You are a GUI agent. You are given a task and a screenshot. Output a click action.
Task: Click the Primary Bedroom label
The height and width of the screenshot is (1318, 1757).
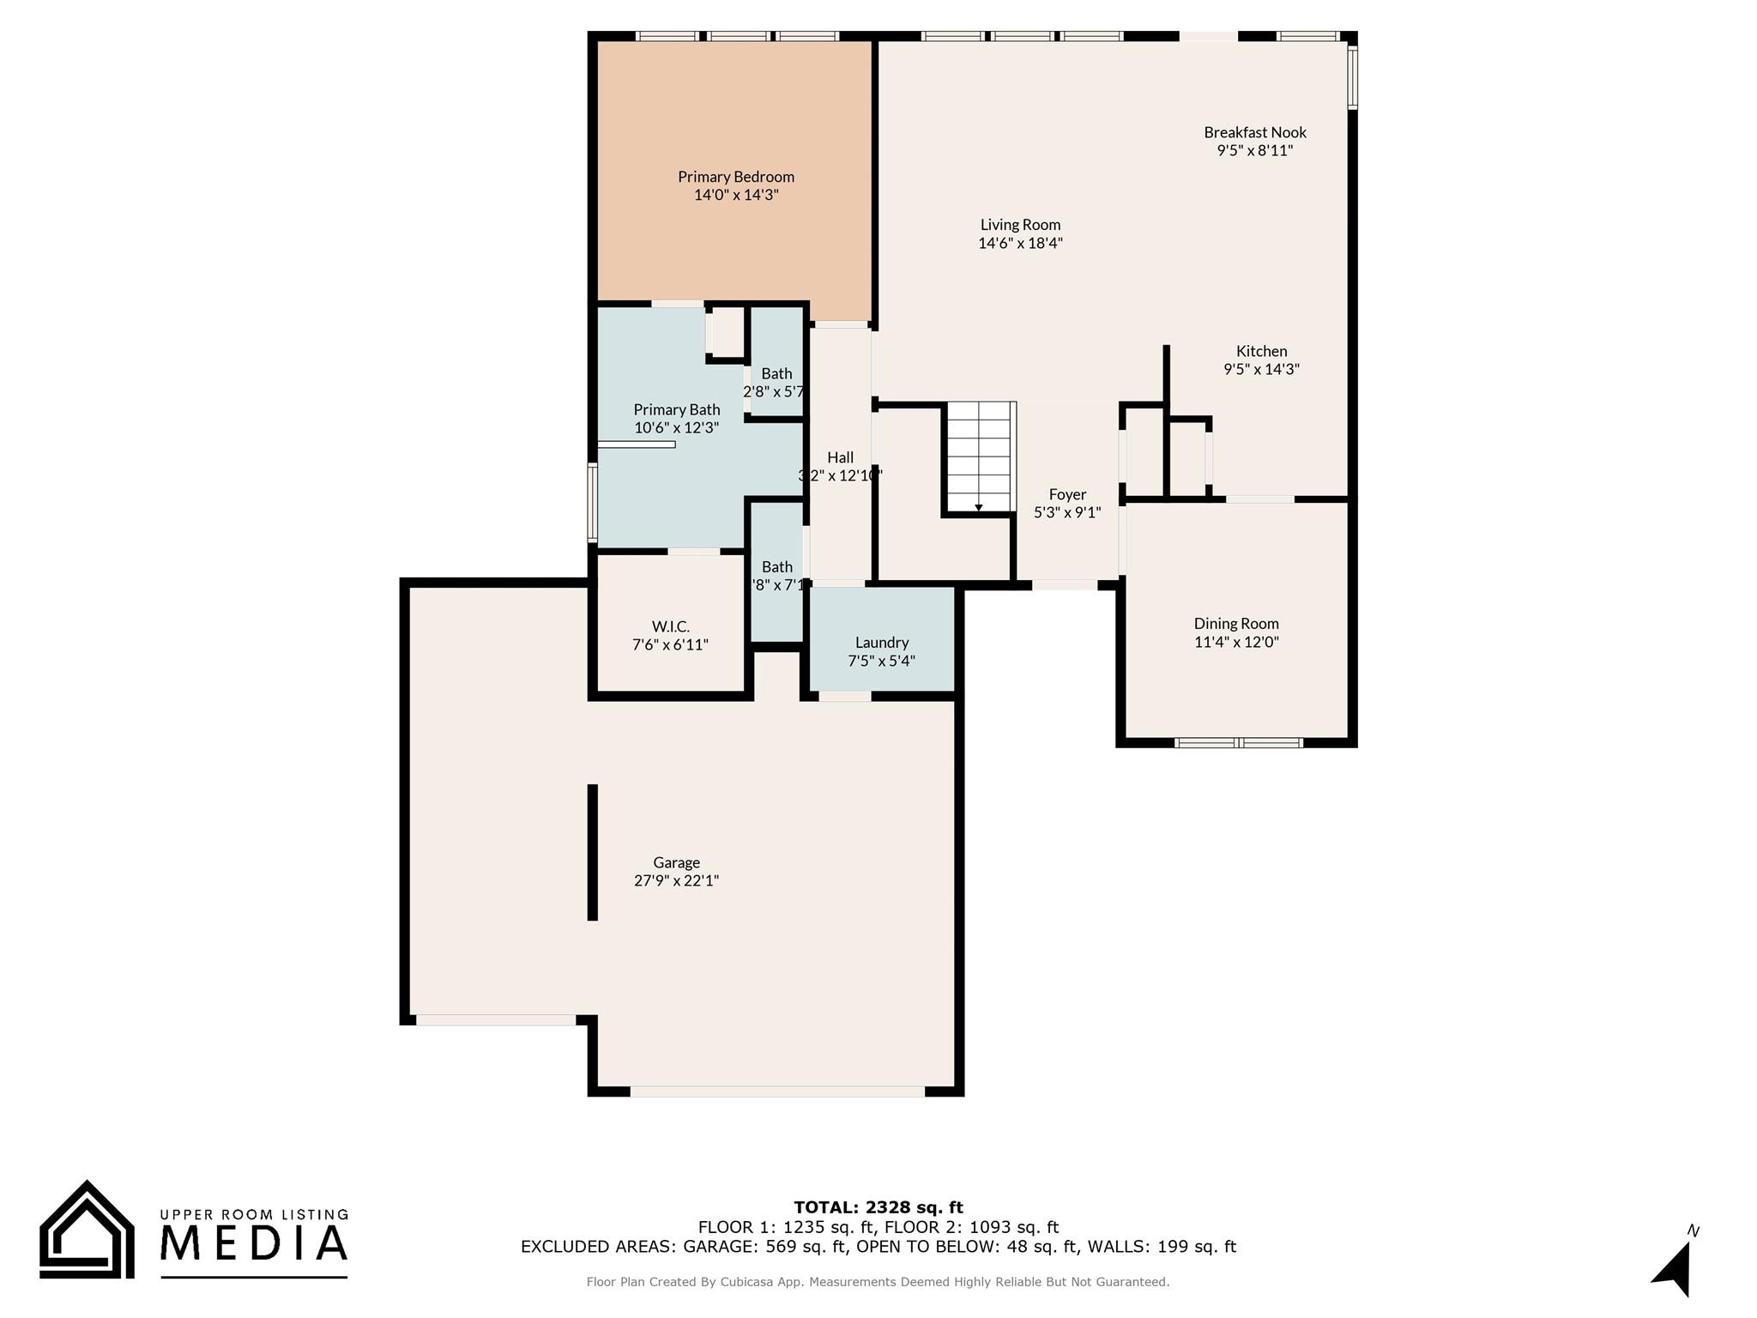pos(735,177)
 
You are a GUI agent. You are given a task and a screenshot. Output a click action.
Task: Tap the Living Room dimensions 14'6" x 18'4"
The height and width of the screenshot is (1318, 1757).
pos(1020,243)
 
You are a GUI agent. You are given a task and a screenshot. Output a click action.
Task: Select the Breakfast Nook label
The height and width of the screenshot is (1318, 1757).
pos(1254,132)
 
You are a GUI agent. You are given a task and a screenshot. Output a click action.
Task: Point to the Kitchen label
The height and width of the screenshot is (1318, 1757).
pos(1261,351)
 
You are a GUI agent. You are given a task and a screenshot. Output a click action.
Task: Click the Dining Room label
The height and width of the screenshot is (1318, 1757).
pos(1235,624)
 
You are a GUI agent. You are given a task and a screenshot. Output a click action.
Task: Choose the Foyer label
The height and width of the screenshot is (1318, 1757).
pos(1067,494)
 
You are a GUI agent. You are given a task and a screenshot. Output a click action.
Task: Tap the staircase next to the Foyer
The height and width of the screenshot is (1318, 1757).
pos(979,456)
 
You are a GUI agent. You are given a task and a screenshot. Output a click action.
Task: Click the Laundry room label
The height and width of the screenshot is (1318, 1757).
pos(881,643)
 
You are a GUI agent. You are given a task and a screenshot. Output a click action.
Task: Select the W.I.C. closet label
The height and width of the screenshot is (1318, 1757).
pos(670,627)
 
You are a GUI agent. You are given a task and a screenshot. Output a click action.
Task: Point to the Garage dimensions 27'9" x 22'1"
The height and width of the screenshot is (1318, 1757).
pos(676,880)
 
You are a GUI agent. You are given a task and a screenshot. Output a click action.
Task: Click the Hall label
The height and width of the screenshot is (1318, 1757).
pos(840,457)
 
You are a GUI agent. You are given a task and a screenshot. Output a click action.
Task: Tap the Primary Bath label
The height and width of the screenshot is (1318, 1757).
pos(676,409)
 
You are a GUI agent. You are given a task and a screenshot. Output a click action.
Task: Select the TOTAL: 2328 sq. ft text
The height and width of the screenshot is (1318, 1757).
pos(878,1207)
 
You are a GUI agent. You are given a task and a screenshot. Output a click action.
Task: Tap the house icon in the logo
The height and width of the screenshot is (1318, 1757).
pos(87,1231)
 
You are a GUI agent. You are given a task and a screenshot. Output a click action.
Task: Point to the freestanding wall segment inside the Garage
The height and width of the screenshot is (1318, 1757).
pos(592,851)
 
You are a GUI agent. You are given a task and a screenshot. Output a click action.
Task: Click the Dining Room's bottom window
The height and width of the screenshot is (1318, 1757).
pos(1238,742)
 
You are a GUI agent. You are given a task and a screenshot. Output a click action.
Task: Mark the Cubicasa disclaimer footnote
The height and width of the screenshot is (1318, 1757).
pos(878,1282)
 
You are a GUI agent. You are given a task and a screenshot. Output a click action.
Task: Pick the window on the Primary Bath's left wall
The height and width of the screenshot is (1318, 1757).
pos(592,502)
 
